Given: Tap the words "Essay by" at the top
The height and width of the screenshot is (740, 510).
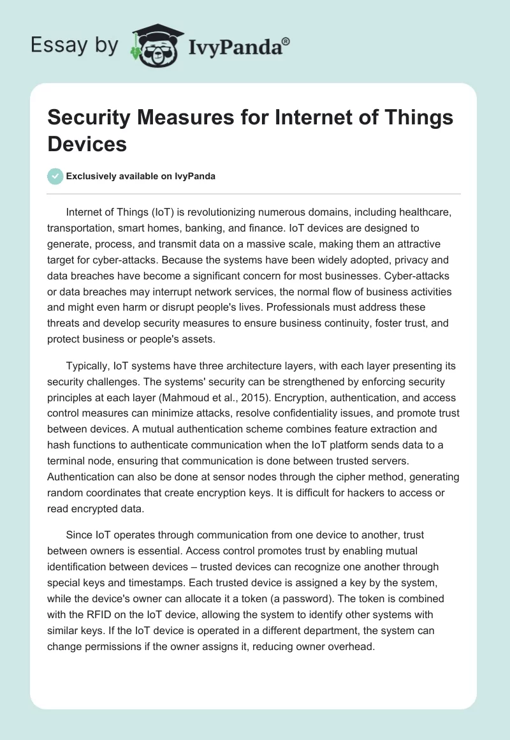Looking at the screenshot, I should tap(75, 46).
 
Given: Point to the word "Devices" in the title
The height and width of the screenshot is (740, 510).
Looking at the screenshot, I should tap(87, 144).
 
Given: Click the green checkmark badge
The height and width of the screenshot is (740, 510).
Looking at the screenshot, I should tap(55, 177).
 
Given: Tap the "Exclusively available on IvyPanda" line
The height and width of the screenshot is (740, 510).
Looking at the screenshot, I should tap(141, 177).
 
